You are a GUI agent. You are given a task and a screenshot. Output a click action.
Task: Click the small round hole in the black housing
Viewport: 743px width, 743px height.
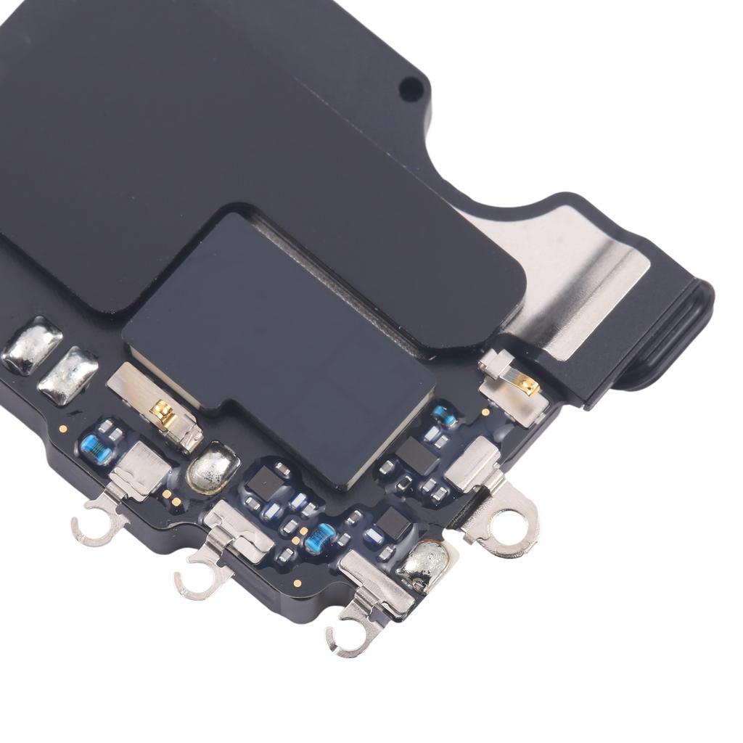411,89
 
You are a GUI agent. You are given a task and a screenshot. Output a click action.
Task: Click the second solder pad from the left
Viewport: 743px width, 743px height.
67,375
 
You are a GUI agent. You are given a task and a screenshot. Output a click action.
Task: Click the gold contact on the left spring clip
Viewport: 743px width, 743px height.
162,414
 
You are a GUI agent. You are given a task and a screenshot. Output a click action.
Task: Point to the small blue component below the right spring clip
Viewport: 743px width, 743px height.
443,416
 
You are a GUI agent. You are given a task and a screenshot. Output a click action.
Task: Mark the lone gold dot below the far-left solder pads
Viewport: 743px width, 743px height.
64,430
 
